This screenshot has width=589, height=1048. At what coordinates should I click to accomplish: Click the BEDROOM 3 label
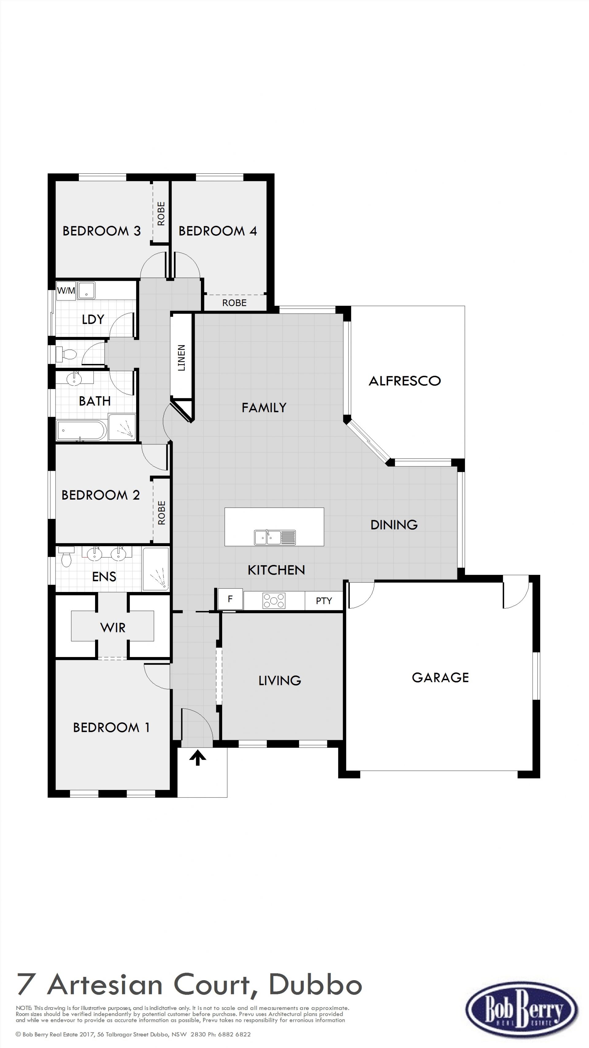coord(102,231)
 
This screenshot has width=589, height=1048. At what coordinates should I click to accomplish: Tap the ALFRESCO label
coord(405,381)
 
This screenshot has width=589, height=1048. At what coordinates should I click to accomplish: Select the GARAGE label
coord(441,677)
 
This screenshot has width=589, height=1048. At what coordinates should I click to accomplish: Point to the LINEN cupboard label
coord(181,358)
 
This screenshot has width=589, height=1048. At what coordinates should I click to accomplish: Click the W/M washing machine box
coord(66,291)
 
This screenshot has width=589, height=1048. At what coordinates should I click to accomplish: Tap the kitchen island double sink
coord(275,537)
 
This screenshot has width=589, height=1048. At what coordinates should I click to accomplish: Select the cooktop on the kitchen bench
coord(274,601)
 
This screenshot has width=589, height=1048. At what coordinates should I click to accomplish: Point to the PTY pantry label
coord(324,601)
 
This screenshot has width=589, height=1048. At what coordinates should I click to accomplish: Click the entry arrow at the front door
coord(198,758)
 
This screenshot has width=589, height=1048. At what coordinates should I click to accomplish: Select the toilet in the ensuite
coord(66,557)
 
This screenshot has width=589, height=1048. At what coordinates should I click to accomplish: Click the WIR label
coord(113,628)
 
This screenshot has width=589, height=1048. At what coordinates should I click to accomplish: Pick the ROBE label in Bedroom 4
coord(234,303)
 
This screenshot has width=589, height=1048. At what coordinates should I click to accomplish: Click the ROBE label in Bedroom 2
coord(161,512)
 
